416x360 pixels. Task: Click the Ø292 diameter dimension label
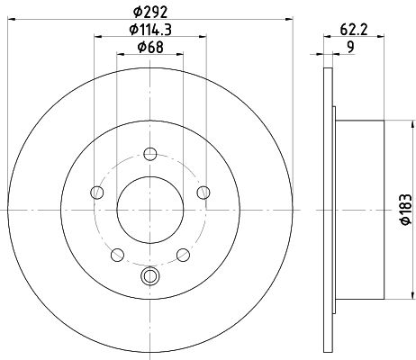(x=149, y=13)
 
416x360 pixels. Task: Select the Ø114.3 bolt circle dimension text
(x=150, y=30)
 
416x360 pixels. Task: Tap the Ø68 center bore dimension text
(x=150, y=47)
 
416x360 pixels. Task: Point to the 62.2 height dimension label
(x=354, y=30)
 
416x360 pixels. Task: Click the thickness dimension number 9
(x=350, y=47)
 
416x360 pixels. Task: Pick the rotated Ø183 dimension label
(x=406, y=209)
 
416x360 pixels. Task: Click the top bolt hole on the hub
(x=150, y=154)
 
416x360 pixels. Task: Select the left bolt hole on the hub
(x=96, y=193)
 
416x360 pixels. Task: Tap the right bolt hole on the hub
(x=203, y=193)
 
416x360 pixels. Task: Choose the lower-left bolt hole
(x=117, y=255)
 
